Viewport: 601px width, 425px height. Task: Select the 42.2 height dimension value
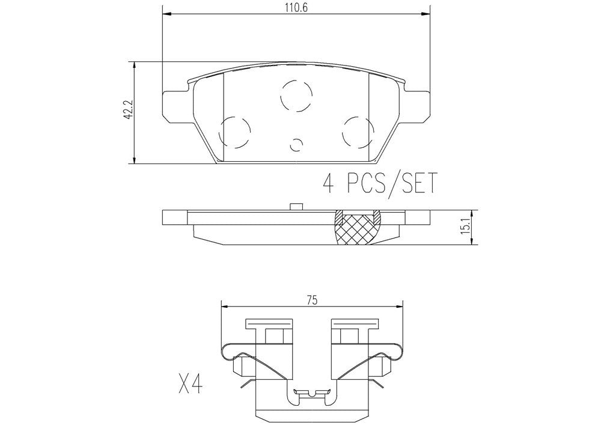(127, 112)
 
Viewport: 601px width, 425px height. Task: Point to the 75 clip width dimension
(311, 300)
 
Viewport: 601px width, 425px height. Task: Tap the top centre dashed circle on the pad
(297, 95)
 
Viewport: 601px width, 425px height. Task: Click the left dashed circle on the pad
(234, 132)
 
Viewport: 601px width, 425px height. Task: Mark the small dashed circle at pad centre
(296, 144)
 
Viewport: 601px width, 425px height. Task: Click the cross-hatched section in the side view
(358, 230)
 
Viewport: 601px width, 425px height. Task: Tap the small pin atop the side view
(296, 207)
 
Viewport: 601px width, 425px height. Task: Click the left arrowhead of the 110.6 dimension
(166, 14)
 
